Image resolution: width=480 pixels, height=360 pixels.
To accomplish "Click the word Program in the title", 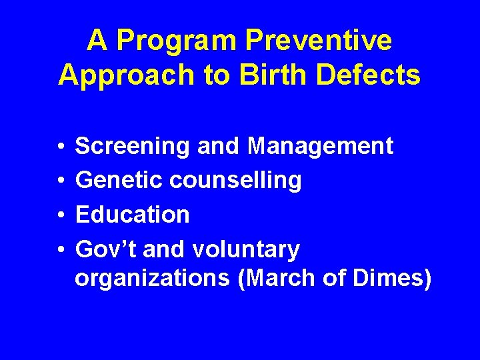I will (175, 41).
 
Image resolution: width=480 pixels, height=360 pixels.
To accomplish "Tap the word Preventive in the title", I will (319, 41).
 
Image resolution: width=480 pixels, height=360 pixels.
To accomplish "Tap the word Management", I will (320, 145).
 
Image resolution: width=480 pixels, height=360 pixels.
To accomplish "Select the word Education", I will (133, 215).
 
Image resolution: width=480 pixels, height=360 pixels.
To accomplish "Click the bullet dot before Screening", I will (60, 146).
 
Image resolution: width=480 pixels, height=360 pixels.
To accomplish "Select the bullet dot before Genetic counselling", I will (60, 181).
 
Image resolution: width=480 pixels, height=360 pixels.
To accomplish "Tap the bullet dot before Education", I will (60, 215).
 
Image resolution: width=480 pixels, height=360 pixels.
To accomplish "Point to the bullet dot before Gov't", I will (60, 250).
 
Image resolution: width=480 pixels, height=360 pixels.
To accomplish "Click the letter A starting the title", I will (97, 41).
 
